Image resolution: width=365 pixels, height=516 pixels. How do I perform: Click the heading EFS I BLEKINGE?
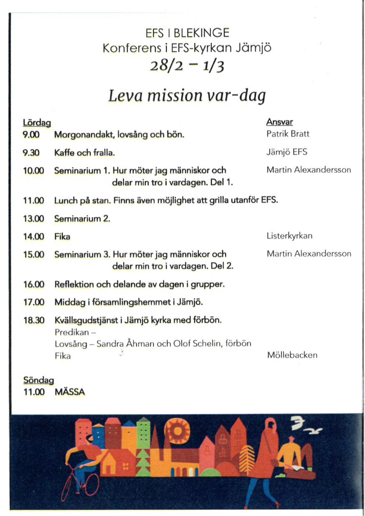[187, 33]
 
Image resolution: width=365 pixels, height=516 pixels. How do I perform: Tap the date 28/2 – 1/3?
[187, 66]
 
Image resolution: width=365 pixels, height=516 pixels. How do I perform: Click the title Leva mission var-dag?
[187, 96]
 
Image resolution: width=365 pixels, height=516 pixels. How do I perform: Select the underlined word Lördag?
[37, 123]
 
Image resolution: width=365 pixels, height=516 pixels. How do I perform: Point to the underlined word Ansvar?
[279, 122]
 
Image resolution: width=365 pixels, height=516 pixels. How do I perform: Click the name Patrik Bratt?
[288, 134]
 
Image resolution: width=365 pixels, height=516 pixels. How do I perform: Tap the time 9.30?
[31, 153]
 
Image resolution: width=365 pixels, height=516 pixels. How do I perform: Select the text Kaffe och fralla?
[84, 153]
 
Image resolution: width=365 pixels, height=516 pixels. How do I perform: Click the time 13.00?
[34, 218]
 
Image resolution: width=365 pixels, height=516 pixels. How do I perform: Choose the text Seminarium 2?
[82, 218]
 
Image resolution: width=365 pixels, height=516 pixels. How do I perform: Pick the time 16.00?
[34, 284]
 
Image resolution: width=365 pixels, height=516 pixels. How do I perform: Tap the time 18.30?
[34, 320]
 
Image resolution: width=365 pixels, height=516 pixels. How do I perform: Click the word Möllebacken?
[292, 355]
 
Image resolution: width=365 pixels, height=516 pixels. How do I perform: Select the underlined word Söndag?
[38, 380]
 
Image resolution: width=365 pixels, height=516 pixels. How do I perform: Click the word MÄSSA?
[70, 392]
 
